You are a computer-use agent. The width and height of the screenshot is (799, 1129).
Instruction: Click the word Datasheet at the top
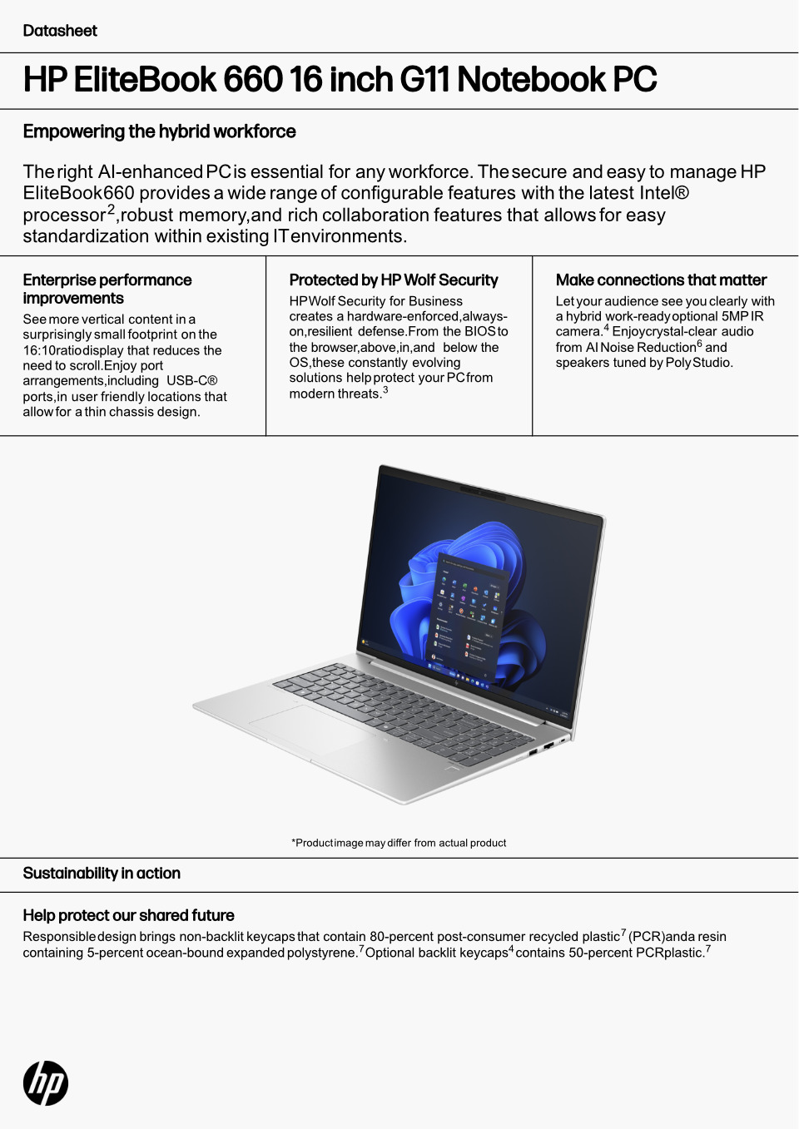[x=60, y=31]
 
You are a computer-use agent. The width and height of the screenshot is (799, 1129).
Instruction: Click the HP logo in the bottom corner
[x=46, y=1083]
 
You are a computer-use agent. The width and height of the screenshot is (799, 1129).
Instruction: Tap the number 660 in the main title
[x=253, y=80]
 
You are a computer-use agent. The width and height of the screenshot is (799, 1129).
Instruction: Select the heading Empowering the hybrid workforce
[x=159, y=131]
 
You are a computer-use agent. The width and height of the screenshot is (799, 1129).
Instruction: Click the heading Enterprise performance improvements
[x=107, y=289]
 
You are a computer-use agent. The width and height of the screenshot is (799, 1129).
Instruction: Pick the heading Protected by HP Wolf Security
[x=393, y=280]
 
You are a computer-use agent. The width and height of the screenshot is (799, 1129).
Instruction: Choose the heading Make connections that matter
[x=661, y=280]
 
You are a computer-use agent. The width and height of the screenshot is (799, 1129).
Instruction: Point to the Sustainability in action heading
[x=102, y=874]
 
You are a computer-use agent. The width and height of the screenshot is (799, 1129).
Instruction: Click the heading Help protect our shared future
[x=128, y=916]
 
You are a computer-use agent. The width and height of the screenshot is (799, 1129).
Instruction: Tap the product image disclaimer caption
[x=399, y=843]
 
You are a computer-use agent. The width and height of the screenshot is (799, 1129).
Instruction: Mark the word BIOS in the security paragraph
[x=480, y=332]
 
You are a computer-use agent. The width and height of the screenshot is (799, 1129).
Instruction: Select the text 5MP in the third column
[x=735, y=317]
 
